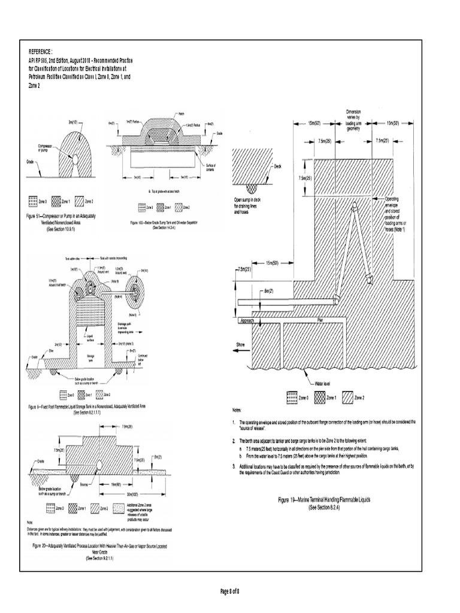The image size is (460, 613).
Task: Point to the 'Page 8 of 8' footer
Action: (x=230, y=592)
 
